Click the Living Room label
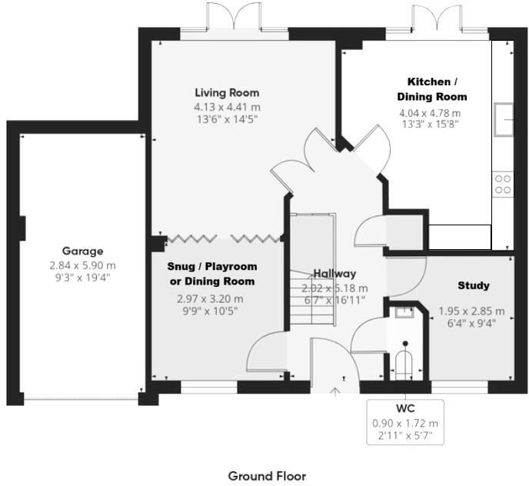pyautogui.click(x=227, y=93)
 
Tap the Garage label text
pyautogui.click(x=83, y=251)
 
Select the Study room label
pyautogui.click(x=473, y=285)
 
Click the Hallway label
pyautogui.click(x=334, y=274)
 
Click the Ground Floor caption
pyautogui.click(x=267, y=476)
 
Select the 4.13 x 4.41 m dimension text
pyautogui.click(x=227, y=107)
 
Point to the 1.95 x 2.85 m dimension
pyautogui.click(x=471, y=311)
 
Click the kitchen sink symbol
pyautogui.click(x=504, y=118)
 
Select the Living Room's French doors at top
pyautogui.click(x=235, y=17)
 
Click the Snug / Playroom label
pyautogui.click(x=212, y=274)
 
